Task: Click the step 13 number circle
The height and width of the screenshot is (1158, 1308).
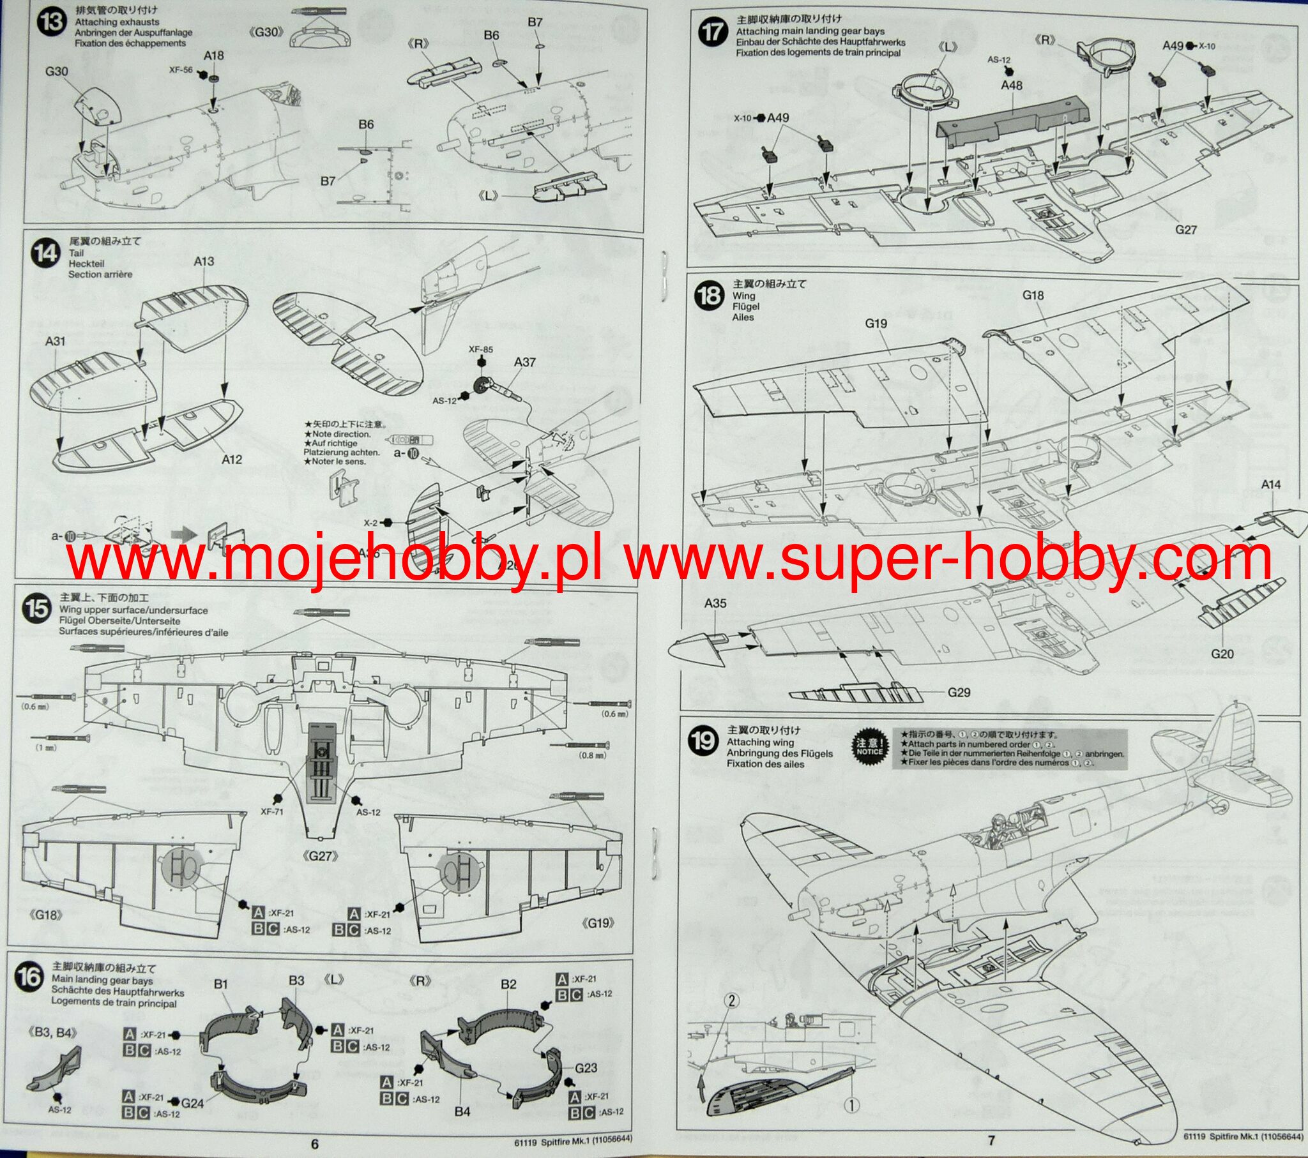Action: click(x=51, y=24)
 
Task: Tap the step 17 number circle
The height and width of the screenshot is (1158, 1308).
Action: click(x=711, y=31)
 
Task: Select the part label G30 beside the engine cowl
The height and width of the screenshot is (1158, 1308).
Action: click(x=56, y=71)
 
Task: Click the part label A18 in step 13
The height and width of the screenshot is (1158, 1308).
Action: click(x=214, y=56)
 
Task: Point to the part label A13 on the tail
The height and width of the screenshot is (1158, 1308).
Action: click(x=204, y=261)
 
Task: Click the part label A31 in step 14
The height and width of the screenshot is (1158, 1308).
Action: click(x=56, y=342)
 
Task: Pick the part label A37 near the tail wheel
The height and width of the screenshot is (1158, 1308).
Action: click(x=525, y=362)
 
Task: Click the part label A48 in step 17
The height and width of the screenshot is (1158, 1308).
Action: click(x=1011, y=85)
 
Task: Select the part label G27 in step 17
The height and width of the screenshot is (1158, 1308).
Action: click(x=1185, y=229)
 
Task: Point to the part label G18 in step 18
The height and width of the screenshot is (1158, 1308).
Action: click(x=1033, y=295)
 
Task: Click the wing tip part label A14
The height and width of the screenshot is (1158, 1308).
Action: click(x=1271, y=485)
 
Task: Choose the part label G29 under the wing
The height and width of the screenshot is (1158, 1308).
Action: click(x=959, y=692)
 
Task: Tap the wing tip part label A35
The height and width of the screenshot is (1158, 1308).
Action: click(x=715, y=603)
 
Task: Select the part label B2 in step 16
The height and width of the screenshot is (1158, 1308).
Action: click(x=508, y=984)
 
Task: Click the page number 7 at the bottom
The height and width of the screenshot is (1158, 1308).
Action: click(x=991, y=1140)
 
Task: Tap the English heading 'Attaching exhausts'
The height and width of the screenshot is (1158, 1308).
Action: click(x=117, y=22)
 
